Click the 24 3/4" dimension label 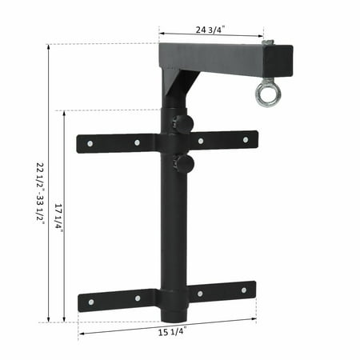[210, 29]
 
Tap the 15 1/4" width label [172, 332]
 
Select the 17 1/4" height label [58, 217]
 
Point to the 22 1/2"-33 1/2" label [40, 194]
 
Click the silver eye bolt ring [266, 94]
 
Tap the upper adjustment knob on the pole [183, 122]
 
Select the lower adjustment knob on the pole [183, 164]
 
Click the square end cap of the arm [278, 61]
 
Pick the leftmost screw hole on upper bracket [90, 144]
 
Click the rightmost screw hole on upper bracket [246, 139]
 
